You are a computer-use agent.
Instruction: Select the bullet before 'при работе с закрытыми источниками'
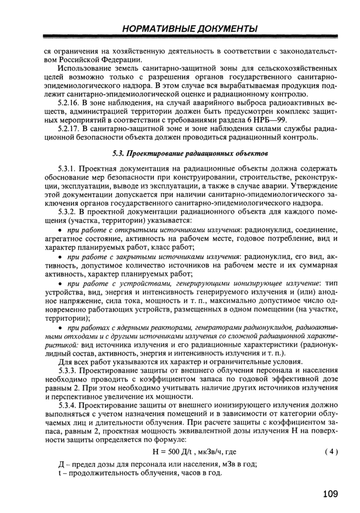click(x=61, y=256)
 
